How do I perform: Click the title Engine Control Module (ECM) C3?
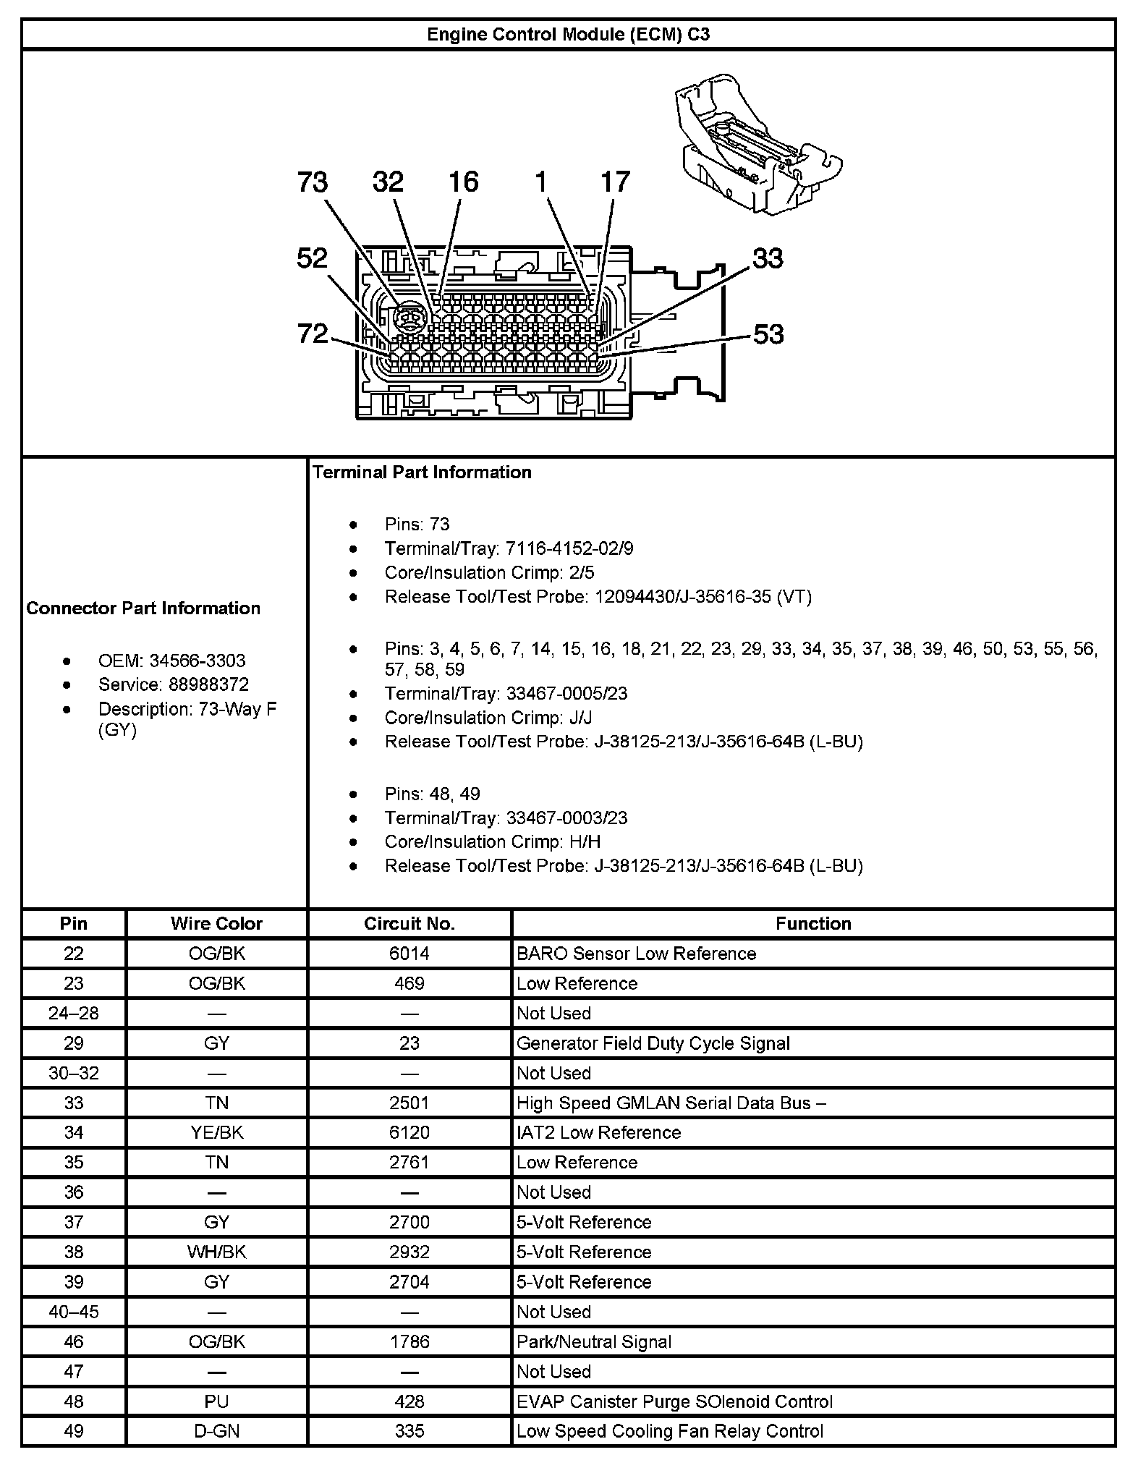[x=568, y=34]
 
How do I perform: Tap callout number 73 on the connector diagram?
[x=313, y=182]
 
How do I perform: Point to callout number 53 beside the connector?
[x=768, y=334]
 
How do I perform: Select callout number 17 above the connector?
[x=616, y=182]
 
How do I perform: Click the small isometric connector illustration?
[x=756, y=148]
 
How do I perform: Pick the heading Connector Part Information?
[x=143, y=608]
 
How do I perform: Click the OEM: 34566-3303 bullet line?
[x=171, y=661]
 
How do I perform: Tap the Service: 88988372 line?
[x=174, y=684]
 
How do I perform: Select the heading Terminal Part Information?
[x=422, y=472]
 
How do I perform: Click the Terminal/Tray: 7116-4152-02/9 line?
[x=509, y=548]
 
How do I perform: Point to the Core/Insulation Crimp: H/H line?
[x=492, y=841]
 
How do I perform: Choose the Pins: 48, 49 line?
[x=432, y=794]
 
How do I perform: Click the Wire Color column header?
[x=216, y=923]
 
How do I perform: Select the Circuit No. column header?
[x=409, y=923]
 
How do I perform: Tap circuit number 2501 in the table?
[x=409, y=1103]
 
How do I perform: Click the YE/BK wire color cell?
[x=216, y=1132]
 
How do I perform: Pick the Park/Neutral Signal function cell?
[x=594, y=1341]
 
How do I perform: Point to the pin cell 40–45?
[x=74, y=1312]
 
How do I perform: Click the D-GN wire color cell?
[x=216, y=1431]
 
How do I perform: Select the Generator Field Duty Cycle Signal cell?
[x=653, y=1043]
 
